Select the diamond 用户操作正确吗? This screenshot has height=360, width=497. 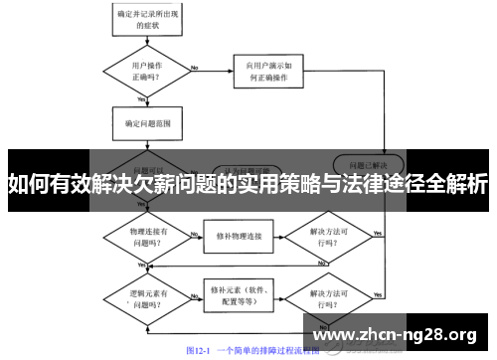click(142, 70)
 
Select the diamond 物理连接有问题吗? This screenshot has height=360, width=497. click(142, 237)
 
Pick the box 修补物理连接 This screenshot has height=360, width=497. click(236, 237)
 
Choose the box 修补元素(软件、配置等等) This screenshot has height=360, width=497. click(236, 294)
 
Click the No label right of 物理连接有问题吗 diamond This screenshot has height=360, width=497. click(193, 231)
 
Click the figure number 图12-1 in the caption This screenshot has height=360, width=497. click(201, 350)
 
